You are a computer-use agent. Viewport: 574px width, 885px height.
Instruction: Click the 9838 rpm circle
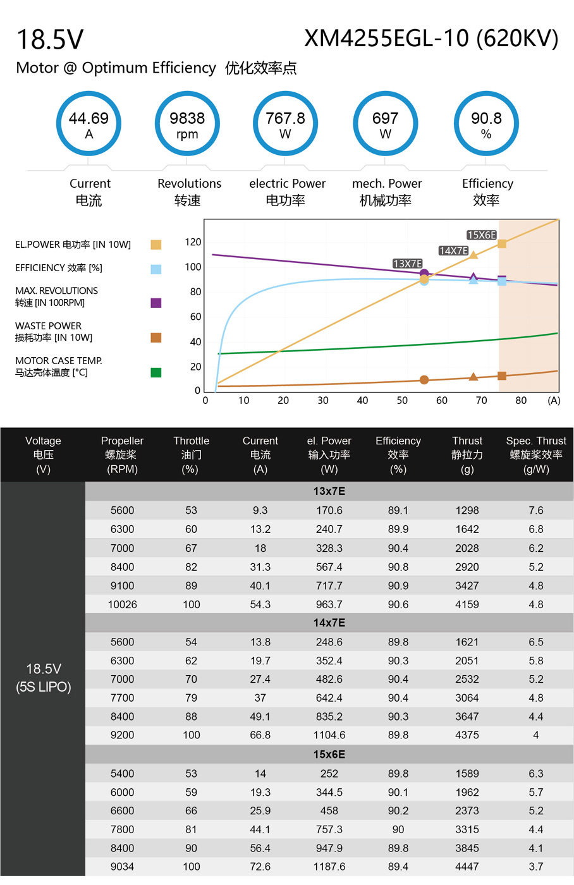pos(187,94)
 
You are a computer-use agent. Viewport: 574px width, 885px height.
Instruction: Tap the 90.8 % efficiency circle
pos(486,94)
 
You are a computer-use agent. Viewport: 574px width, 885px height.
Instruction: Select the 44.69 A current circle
pos(89,94)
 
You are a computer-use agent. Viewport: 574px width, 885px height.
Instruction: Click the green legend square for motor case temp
pos(156,372)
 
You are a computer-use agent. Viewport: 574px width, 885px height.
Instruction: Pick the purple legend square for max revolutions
pos(156,303)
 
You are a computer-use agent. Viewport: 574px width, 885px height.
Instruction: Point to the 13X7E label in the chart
pos(407,264)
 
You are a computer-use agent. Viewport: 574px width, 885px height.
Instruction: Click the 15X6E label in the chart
pos(481,235)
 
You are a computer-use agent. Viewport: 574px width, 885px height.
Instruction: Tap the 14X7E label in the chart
pos(453,250)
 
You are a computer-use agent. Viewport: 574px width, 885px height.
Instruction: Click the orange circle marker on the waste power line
pos(424,380)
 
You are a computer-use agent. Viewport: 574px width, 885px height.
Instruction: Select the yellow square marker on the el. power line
pos(502,243)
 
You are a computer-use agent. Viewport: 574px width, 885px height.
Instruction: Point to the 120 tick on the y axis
pos(193,242)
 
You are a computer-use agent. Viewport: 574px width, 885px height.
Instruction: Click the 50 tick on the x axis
pos(402,401)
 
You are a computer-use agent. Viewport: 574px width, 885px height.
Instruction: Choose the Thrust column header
pos(467,455)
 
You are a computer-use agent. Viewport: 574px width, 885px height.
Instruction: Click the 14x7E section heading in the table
pos(329,623)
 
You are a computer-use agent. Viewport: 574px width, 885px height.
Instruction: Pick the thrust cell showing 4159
pos(467,604)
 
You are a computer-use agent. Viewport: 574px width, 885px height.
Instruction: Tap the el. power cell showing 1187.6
pos(329,867)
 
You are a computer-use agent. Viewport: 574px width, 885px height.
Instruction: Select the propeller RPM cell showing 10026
pos(123,604)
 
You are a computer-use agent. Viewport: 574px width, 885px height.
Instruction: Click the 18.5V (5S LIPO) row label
pos(43,678)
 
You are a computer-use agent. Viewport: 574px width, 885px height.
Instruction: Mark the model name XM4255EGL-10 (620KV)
pos(431,39)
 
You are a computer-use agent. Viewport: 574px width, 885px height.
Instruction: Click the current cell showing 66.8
pos(260,735)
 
